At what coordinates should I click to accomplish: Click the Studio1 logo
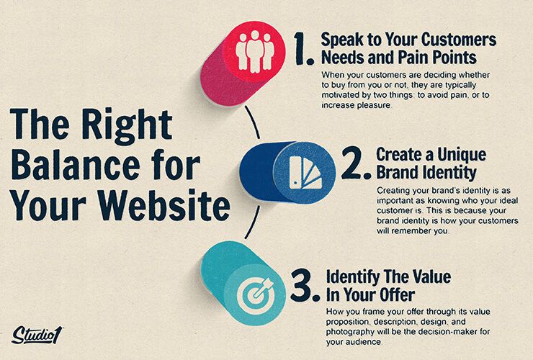coord(37,336)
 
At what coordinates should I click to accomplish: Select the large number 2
coord(356,163)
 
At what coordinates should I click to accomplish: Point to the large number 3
coord(304,285)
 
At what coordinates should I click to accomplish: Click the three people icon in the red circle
coord(254,51)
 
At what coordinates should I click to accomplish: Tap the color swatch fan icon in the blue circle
coord(305,173)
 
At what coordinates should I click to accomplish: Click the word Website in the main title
coord(165,204)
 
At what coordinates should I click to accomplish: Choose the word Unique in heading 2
coord(462,156)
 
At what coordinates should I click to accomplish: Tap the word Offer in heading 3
coord(395,294)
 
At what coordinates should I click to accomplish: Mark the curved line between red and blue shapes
coord(254,122)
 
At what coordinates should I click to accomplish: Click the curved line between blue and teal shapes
coord(254,222)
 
